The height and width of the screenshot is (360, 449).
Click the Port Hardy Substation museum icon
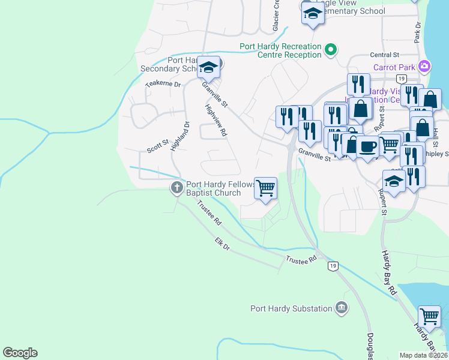(342, 308)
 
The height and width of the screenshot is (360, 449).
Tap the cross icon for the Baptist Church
(176, 188)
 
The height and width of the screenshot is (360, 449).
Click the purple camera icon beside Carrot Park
(425, 67)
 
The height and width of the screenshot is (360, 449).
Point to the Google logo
(20, 353)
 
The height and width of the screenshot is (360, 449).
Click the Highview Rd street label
(215, 120)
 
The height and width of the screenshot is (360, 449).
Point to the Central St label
(385, 55)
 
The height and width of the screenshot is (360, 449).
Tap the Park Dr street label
(417, 34)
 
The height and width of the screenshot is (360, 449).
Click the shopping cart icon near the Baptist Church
(266, 188)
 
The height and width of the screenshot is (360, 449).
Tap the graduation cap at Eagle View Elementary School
(313, 13)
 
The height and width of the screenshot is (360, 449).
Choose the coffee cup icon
(367, 146)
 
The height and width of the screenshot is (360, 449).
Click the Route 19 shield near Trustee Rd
(333, 265)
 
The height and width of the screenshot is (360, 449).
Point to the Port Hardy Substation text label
(291, 308)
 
